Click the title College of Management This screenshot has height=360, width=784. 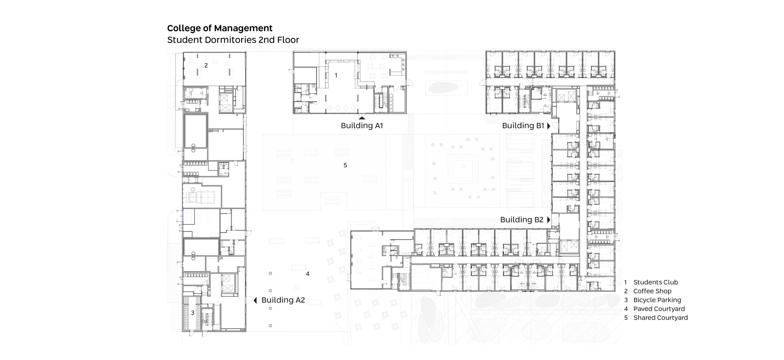[220, 28]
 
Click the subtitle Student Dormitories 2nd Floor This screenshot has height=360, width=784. [233, 40]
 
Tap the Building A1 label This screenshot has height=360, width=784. [362, 126]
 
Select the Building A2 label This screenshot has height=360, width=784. [283, 300]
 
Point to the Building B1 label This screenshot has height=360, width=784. [523, 126]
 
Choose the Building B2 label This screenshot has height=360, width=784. [522, 219]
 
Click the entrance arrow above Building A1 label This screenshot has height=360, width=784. [362, 118]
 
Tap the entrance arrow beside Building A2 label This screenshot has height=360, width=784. [255, 300]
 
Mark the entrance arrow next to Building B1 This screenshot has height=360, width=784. [549, 126]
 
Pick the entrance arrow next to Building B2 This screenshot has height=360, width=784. [549, 220]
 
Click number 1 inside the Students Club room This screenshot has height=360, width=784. [336, 75]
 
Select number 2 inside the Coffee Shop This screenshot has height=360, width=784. [206, 65]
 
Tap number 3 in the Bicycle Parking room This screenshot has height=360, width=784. [193, 313]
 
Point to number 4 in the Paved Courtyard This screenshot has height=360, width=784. [308, 274]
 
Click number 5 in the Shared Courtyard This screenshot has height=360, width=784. [345, 165]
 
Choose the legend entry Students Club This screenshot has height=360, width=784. [656, 282]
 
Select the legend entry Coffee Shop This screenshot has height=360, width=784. [652, 291]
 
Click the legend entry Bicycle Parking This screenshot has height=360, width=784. [657, 300]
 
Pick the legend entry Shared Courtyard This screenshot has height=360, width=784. [661, 318]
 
